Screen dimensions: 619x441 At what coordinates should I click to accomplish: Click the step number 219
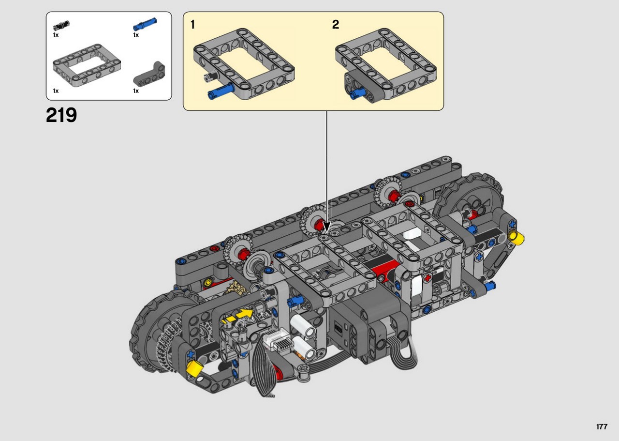61,115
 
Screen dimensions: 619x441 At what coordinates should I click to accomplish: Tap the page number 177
602,426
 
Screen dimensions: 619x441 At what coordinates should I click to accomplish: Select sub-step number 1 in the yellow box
192,25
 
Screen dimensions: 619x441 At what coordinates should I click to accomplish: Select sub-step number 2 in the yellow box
336,25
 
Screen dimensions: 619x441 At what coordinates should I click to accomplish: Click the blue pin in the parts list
145,24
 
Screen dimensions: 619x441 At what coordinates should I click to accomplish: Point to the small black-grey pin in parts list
61,26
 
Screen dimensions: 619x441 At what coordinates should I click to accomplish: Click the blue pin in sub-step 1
221,92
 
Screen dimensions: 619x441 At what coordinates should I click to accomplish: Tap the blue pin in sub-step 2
356,93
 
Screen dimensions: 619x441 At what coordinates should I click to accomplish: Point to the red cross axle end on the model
427,278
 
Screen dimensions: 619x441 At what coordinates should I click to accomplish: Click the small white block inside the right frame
412,234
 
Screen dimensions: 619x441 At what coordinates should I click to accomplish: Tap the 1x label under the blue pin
136,35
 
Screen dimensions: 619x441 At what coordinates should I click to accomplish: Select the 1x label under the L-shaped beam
136,91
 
